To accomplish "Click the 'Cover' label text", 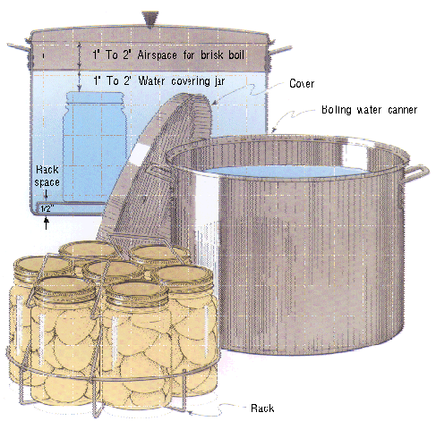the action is click(x=302, y=83).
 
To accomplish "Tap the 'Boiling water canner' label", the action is click(x=369, y=110).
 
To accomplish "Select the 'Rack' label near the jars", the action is click(x=262, y=408).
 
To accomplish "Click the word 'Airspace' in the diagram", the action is click(x=157, y=55).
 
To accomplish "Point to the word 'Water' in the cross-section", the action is click(x=151, y=80).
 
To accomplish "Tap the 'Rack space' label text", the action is click(x=47, y=176).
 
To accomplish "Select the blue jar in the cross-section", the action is click(x=95, y=147).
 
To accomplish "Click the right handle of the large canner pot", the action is click(x=417, y=173).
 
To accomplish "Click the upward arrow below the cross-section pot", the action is click(x=47, y=223).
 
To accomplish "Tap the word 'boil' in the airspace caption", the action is click(x=236, y=55).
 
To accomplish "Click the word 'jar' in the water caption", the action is click(x=219, y=81).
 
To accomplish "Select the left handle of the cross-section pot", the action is click(x=19, y=47).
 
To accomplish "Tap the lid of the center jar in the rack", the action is click(x=114, y=270).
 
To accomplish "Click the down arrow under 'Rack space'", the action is click(x=47, y=195).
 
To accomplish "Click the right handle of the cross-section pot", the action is click(x=280, y=50).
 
